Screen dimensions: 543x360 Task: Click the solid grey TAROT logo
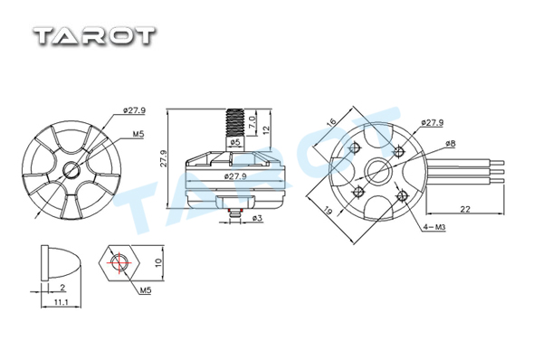click(x=94, y=36)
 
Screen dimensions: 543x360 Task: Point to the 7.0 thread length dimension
click(x=252, y=123)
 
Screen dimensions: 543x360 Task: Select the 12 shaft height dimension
click(x=266, y=130)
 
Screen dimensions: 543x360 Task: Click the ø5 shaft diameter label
click(x=235, y=142)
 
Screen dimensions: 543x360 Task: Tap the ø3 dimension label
click(x=257, y=218)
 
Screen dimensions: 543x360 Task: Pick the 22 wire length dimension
click(x=465, y=209)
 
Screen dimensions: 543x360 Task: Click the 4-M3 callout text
click(x=433, y=227)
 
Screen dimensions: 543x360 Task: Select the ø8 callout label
click(x=451, y=143)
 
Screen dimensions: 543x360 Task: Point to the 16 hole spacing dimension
click(x=331, y=122)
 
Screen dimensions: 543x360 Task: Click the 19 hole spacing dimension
click(x=329, y=210)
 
